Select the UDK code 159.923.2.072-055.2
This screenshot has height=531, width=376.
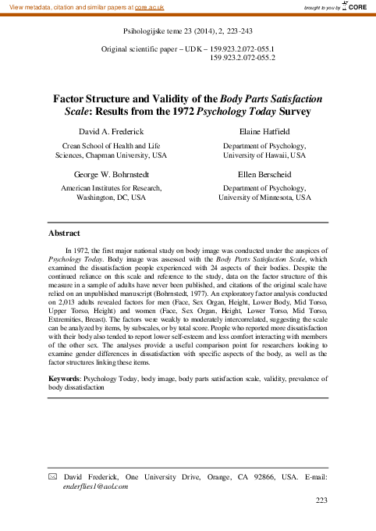pyautogui.click(x=243, y=59)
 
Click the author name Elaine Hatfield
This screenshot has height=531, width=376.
pyautogui.click(x=263, y=132)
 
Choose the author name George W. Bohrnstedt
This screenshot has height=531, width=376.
pyautogui.click(x=114, y=174)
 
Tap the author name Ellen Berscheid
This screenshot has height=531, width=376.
pyautogui.click(x=263, y=174)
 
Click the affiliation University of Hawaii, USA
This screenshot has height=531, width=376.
pyautogui.click(x=262, y=155)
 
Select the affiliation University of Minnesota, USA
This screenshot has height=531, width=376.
pyautogui.click(x=263, y=198)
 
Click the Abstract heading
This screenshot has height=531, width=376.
pyautogui.click(x=64, y=233)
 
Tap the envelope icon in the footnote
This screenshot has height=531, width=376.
pyautogui.click(x=52, y=476)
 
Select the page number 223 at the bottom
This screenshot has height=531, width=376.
pyautogui.click(x=321, y=500)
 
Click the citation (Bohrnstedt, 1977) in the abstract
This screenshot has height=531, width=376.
pyautogui.click(x=250, y=297)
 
